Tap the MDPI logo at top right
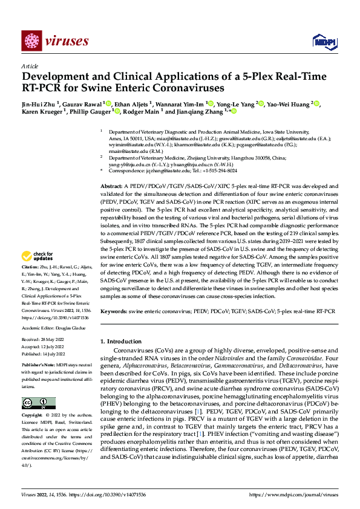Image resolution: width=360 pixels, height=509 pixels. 321,41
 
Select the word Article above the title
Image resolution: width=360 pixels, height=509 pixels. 30,66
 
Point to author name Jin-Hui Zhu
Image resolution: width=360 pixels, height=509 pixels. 39,104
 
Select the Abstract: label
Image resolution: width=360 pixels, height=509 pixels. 112,187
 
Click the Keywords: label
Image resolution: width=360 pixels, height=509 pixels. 114,311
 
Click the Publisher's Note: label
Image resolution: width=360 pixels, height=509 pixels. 38,366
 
